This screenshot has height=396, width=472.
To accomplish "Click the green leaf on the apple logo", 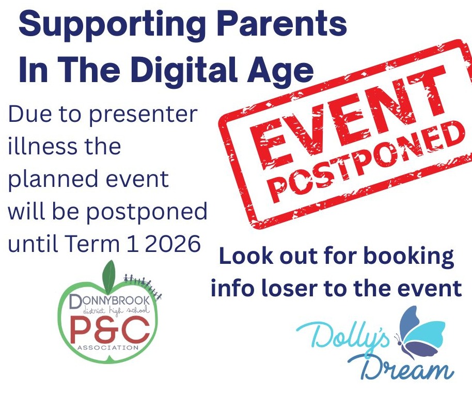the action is click(x=109, y=274).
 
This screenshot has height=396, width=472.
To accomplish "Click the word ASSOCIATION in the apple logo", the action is click(x=108, y=348).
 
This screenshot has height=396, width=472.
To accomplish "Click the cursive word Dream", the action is click(x=403, y=368).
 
